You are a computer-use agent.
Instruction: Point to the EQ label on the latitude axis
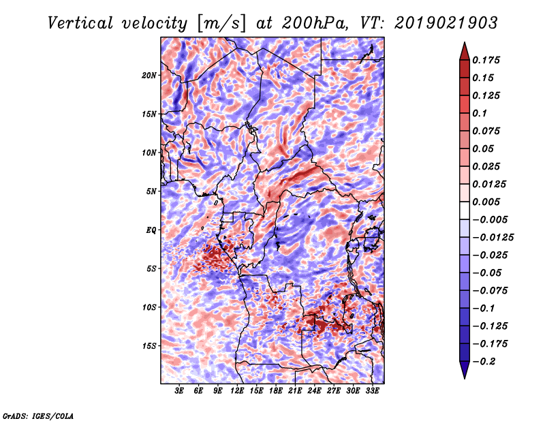pyautogui.click(x=151, y=230)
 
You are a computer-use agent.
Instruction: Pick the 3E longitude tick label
pyautogui.click(x=179, y=391)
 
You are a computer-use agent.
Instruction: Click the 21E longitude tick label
pyautogui.click(x=295, y=391)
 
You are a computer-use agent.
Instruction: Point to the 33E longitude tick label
pyautogui.click(x=372, y=391)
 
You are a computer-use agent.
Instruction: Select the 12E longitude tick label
pyautogui.click(x=237, y=391)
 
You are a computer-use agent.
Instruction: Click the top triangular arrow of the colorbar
pyautogui.click(x=464, y=50)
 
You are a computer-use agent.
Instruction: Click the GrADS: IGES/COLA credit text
pyautogui.click(x=38, y=415)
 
